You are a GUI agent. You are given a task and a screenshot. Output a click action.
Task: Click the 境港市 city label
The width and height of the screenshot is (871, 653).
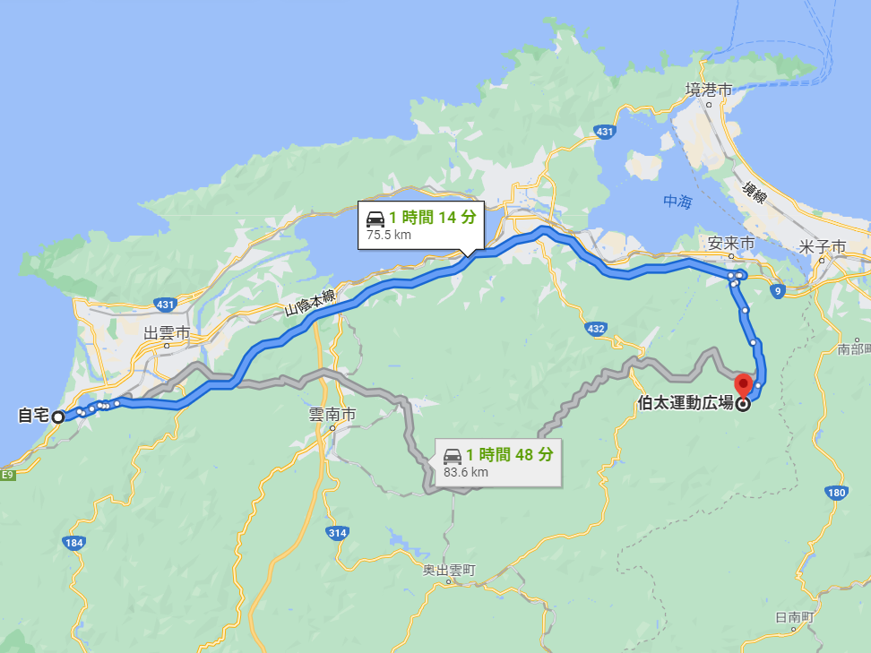click(708, 90)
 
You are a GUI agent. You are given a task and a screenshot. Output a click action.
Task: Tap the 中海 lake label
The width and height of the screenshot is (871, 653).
click(677, 202)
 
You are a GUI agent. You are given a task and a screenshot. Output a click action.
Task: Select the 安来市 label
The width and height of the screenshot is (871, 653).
click(730, 244)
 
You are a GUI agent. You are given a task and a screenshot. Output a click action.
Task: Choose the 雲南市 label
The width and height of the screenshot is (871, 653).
click(332, 415)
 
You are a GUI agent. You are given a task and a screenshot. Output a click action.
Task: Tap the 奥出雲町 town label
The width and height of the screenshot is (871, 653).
click(450, 571)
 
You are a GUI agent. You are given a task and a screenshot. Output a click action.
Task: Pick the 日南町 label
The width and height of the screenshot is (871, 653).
click(793, 617)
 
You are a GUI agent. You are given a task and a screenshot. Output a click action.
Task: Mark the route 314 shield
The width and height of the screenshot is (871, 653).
click(337, 533)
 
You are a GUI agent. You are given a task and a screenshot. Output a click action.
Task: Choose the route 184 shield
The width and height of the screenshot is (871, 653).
click(74, 543)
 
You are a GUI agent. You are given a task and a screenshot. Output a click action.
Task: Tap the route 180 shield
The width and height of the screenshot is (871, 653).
click(836, 492)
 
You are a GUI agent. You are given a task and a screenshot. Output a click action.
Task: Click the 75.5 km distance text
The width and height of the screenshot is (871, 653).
click(388, 235)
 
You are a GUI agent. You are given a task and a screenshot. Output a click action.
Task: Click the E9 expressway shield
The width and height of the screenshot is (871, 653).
click(8, 474)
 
